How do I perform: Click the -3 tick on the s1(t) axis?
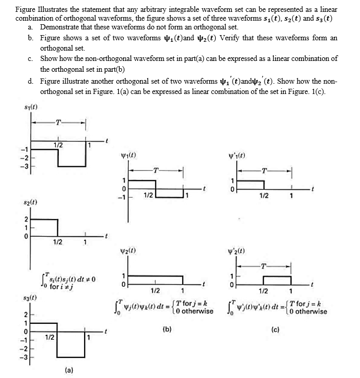pos(22,167)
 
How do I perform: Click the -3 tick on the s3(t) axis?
pos(22,356)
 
